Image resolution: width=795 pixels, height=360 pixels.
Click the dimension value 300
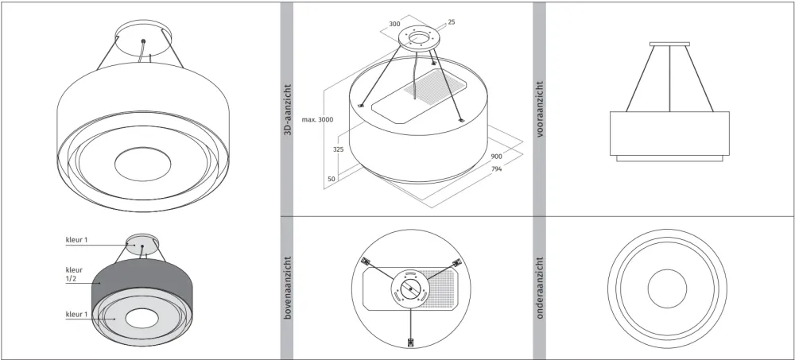pos(394,23)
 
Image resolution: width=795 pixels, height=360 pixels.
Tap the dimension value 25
pos(452,22)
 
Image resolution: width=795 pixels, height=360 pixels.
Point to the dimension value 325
pos(338,149)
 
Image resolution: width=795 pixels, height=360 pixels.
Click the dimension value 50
pos(331,179)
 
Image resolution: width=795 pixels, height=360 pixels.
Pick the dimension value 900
pos(496,157)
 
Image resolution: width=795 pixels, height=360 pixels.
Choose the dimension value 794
pos(496,168)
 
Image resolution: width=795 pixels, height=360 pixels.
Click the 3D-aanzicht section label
pos(288,110)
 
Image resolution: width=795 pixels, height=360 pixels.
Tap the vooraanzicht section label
pos(540,110)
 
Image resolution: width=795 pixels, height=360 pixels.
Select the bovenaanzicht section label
pos(288,288)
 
